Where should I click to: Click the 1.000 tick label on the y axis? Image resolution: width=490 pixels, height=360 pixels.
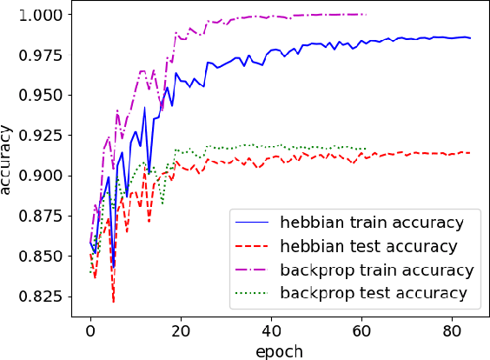pyautogui.click(x=44, y=15)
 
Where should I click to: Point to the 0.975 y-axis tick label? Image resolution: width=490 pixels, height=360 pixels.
pyautogui.click(x=44, y=56)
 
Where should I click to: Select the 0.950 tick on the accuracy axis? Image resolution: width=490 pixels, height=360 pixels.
pyautogui.click(x=44, y=96)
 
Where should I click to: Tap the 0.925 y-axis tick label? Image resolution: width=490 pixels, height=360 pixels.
pyautogui.click(x=44, y=136)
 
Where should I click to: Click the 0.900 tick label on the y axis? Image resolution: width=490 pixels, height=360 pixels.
pyautogui.click(x=44, y=176)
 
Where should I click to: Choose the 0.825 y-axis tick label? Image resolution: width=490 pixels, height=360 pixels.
pyautogui.click(x=44, y=297)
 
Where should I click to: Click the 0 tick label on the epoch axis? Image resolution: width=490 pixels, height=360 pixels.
pyautogui.click(x=90, y=331)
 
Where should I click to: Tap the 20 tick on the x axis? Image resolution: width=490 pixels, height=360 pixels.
pyautogui.click(x=180, y=331)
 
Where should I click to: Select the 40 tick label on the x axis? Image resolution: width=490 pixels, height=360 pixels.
pyautogui.click(x=270, y=331)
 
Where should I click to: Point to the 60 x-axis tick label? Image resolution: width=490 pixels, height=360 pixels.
pyautogui.click(x=361, y=331)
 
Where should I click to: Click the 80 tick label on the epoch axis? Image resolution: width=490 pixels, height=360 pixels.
pyautogui.click(x=450, y=331)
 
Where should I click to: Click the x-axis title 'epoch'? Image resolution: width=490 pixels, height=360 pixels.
pyautogui.click(x=279, y=350)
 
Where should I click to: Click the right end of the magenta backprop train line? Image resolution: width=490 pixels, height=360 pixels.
pyautogui.click(x=365, y=14)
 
